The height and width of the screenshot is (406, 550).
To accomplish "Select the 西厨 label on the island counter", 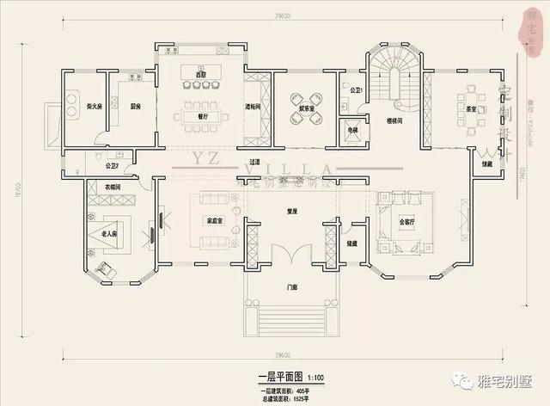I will coord(201,76).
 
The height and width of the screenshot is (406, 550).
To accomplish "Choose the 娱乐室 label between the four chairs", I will coord(305,108).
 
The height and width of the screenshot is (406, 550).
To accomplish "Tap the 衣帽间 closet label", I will coord(113,187).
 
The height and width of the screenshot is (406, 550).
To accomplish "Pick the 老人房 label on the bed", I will coord(109,233).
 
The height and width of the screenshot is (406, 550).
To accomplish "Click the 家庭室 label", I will coord(215,220).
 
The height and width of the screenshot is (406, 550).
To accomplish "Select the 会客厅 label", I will coord(406,220).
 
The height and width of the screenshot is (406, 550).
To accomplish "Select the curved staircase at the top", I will coord(394,73).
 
